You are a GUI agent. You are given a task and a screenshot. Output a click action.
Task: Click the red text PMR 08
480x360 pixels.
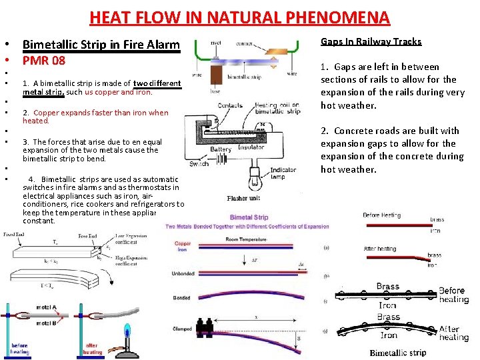(x=44, y=61)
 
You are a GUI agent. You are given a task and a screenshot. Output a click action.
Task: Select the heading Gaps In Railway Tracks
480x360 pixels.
(x=371, y=41)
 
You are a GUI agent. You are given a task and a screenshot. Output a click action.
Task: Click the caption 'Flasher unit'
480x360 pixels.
(x=243, y=199)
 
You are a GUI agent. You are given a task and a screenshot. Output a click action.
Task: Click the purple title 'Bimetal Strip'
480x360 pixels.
(x=249, y=217)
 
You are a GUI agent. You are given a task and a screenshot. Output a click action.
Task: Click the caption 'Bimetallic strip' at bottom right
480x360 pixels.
(x=398, y=353)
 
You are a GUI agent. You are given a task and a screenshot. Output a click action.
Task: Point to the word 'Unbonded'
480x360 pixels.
(x=182, y=273)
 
